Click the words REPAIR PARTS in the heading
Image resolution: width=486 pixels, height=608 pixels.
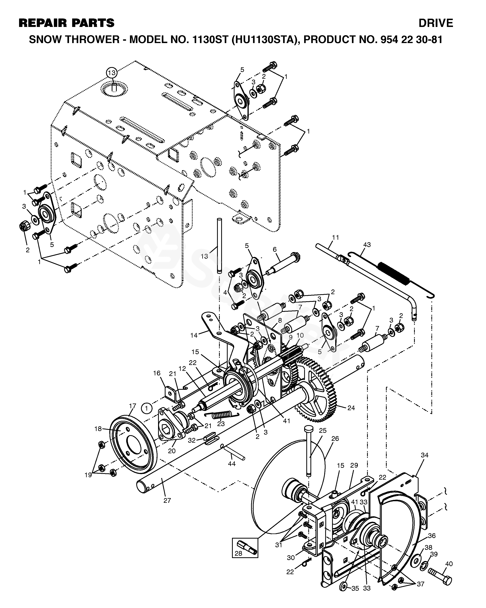coord(66,23)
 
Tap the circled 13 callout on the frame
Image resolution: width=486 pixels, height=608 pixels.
coord(112,73)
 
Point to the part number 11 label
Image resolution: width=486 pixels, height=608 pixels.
coord(335,238)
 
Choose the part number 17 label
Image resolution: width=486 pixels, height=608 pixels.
coord(133,406)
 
